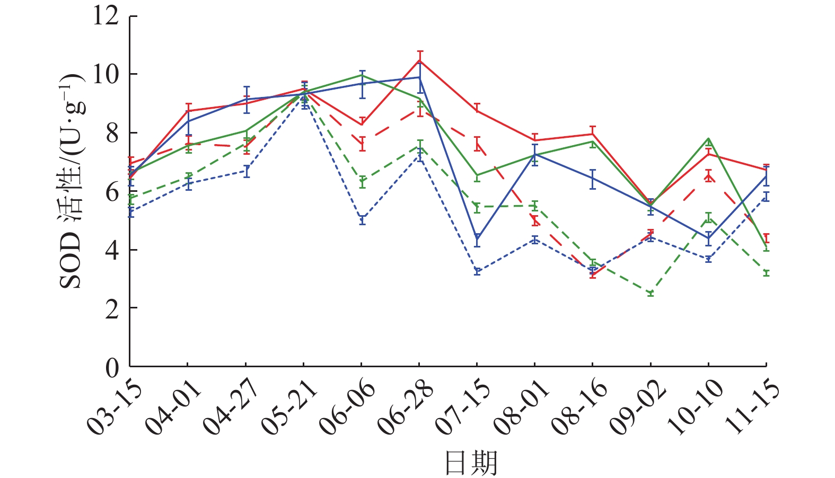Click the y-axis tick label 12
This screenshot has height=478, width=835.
click(x=106, y=16)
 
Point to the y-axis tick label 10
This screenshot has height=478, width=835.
click(x=106, y=74)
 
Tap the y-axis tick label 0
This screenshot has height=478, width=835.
click(x=112, y=367)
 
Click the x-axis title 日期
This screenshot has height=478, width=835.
click(x=471, y=462)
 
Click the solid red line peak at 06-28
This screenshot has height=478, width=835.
click(x=419, y=60)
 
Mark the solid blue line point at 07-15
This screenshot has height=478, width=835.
click(x=477, y=240)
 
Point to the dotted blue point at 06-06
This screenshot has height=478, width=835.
click(x=362, y=219)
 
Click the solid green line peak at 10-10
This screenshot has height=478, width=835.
click(x=708, y=138)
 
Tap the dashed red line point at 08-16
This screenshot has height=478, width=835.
click(x=593, y=274)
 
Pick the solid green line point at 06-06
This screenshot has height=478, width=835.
click(x=362, y=75)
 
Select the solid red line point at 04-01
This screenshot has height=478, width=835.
click(x=188, y=111)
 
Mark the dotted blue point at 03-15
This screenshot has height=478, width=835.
click(x=130, y=211)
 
